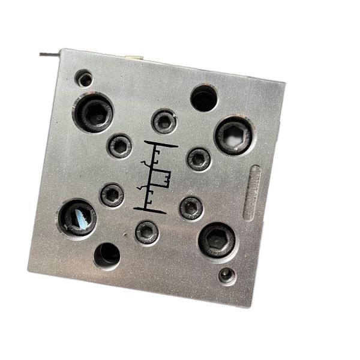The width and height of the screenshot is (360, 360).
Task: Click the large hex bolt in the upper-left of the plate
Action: point(93,112)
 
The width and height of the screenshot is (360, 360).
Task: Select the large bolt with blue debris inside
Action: point(77,217)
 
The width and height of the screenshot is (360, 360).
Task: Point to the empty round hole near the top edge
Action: point(204,98)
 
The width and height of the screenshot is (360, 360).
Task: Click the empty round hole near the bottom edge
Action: point(107,256)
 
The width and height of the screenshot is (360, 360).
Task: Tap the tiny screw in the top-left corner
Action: point(85,78)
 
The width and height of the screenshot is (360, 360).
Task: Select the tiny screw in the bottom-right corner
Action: point(226,275)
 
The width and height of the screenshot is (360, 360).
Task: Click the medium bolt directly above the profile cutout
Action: point(164,121)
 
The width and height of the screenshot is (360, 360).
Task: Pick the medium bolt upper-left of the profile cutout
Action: point(120,145)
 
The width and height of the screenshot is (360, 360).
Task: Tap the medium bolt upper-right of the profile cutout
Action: point(199,159)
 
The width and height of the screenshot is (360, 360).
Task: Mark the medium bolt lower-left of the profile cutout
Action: point(112,194)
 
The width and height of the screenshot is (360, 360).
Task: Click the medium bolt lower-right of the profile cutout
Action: point(191,208)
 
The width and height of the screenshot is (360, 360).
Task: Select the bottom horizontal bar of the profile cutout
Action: point(149,209)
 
